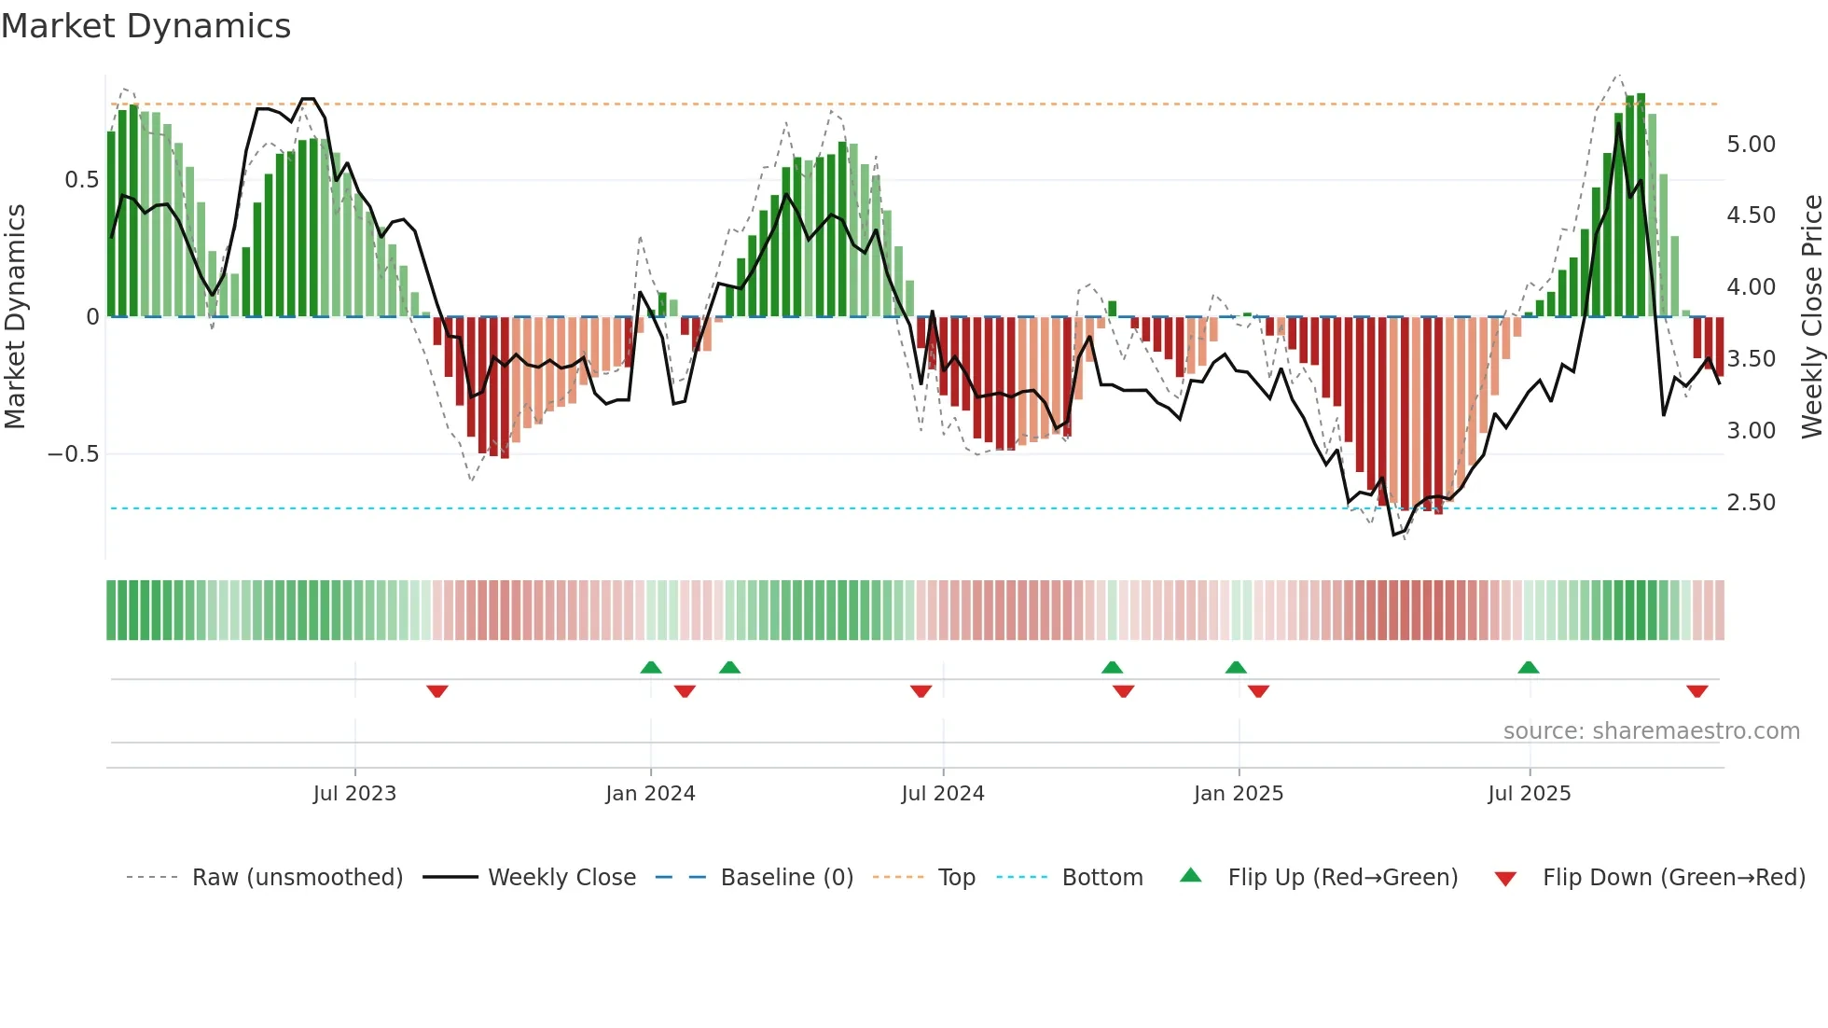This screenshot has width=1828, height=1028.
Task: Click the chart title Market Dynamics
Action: click(x=146, y=26)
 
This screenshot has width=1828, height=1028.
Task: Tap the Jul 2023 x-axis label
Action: click(x=354, y=794)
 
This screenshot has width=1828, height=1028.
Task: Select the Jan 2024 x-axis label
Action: click(x=650, y=794)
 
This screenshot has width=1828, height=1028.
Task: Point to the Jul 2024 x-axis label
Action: click(x=943, y=794)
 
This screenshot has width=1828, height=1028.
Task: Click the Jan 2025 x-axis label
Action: click(x=1239, y=794)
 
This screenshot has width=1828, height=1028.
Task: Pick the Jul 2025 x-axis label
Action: click(x=1530, y=794)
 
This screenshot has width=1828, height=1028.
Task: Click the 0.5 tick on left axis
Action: click(x=82, y=180)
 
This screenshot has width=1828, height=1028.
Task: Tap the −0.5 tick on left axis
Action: click(x=74, y=454)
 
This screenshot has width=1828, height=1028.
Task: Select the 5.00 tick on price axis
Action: click(x=1752, y=145)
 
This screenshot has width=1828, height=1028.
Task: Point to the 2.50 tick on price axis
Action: click(x=1752, y=503)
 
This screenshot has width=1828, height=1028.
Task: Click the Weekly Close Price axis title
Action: click(x=1811, y=317)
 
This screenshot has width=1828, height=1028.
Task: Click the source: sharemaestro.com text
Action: click(x=1651, y=731)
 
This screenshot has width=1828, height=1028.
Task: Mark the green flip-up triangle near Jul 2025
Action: click(x=1528, y=667)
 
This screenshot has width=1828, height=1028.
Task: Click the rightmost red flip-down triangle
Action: click(x=1696, y=691)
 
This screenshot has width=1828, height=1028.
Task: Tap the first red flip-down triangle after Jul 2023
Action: click(x=437, y=691)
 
